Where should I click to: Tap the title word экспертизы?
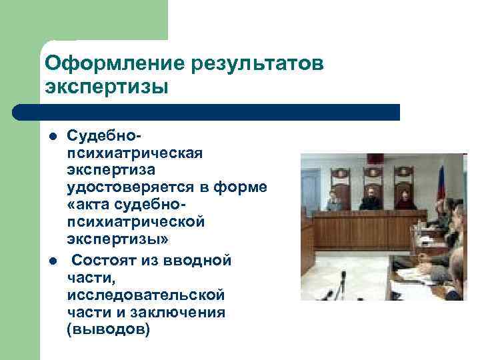coord(106,87)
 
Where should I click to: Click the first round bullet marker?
coord(51,137)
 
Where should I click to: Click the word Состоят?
coord(103,259)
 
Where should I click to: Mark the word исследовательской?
coord(146,294)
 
